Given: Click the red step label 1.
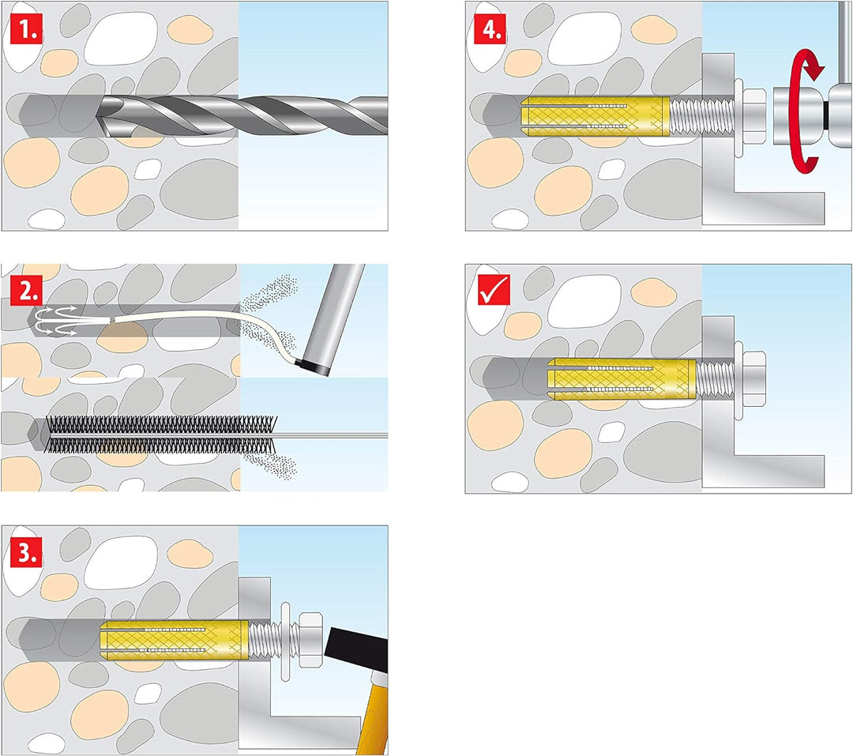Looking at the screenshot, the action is (26, 31).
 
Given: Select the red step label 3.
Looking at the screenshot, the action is (26, 553).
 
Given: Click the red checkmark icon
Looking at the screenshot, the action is (494, 289).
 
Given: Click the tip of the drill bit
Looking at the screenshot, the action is (97, 116).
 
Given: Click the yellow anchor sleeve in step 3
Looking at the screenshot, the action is (175, 640).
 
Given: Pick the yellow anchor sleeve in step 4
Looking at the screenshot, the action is (596, 115).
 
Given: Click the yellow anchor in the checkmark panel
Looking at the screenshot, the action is (622, 379).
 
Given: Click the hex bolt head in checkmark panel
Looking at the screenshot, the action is (754, 379).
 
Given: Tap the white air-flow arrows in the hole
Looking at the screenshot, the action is (55, 319).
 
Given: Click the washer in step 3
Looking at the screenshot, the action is (284, 641).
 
